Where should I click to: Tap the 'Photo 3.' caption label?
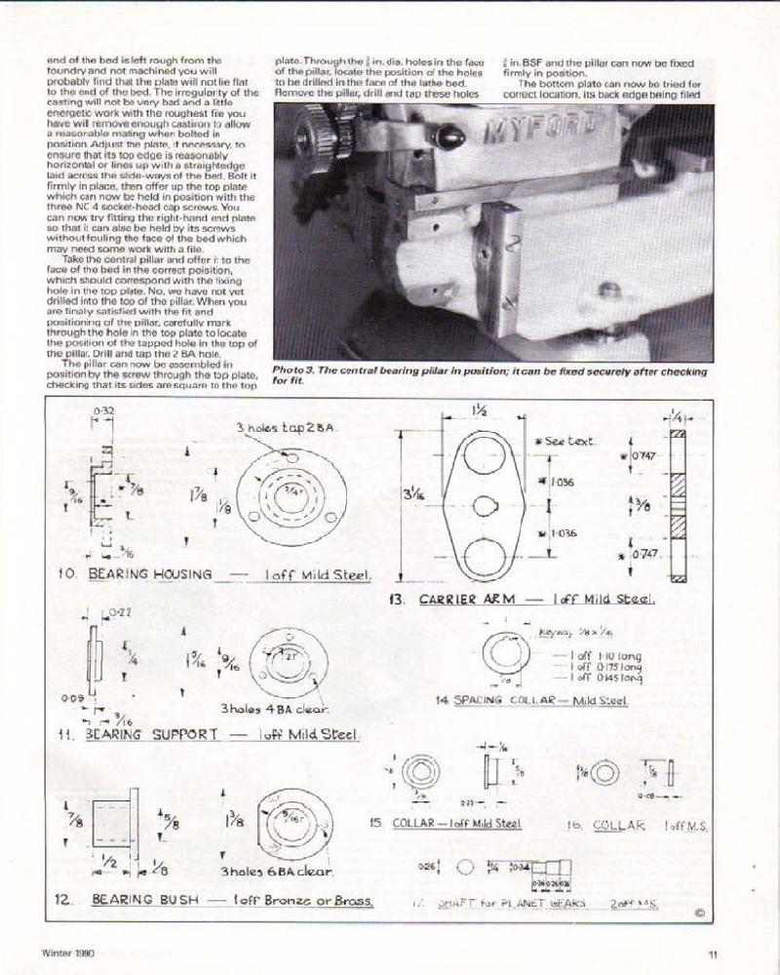pos(298,371)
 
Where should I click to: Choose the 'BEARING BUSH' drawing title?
pos(140,901)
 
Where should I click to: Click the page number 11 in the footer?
pos(713,955)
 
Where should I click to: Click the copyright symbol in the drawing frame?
pos(700,914)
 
